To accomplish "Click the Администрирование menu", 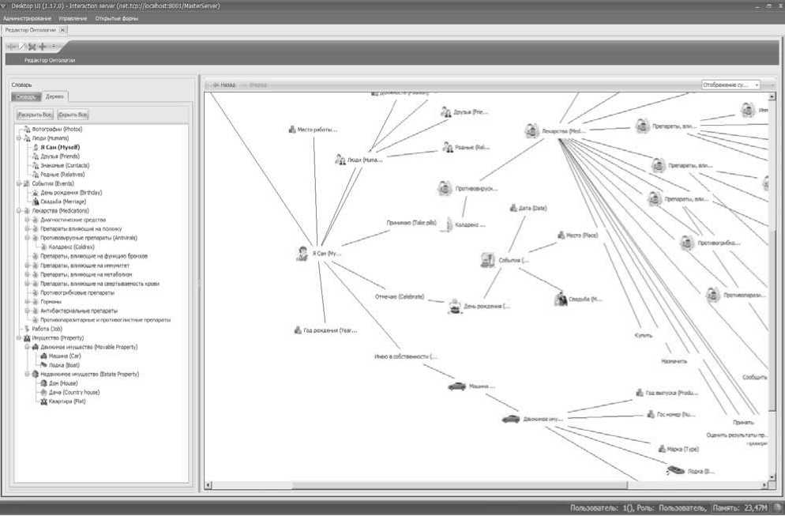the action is point(28,18).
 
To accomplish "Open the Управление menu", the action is point(73,18).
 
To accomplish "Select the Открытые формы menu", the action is point(116,18).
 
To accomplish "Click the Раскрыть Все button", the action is point(36,115).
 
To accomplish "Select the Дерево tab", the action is point(55,96).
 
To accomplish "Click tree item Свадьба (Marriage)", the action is point(60,202).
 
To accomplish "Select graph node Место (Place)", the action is point(580,235).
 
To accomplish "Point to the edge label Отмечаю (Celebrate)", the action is point(399,297).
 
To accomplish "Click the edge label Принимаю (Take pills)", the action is point(411,223).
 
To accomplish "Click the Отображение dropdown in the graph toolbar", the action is point(731,85).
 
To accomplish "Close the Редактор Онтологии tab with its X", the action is point(63,30).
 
